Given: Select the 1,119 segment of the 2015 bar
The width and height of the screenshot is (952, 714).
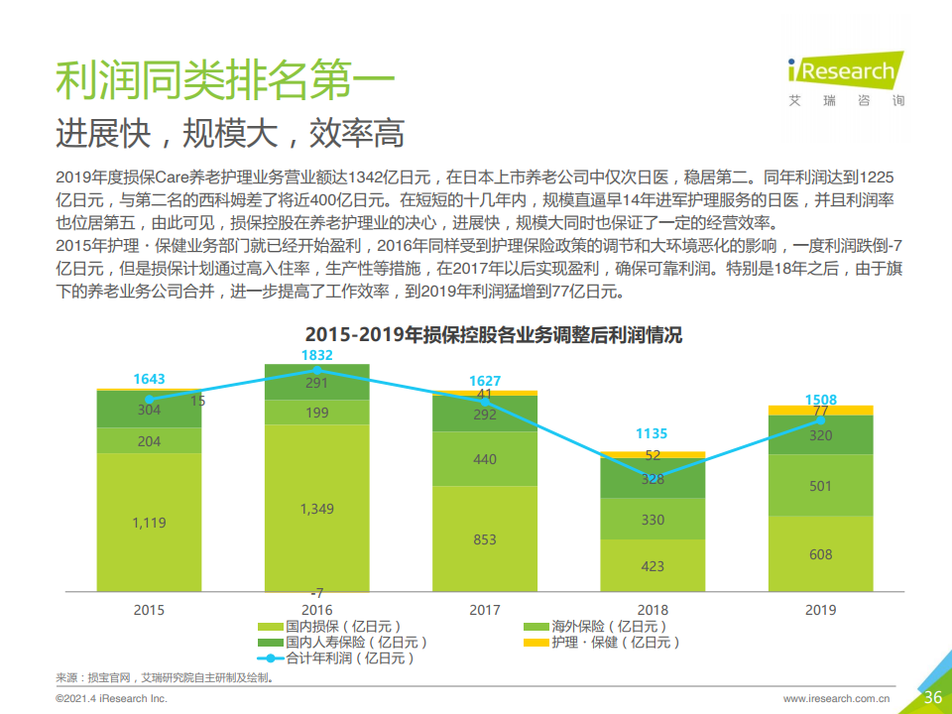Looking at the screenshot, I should (x=149, y=523).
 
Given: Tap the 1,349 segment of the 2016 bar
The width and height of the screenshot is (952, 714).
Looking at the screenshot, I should (x=316, y=509).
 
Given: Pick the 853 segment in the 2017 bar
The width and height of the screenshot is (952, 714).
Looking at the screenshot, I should (x=485, y=539).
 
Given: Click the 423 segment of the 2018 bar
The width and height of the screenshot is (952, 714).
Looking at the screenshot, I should (x=653, y=566).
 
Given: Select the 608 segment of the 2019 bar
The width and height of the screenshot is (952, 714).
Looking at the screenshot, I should (x=820, y=554).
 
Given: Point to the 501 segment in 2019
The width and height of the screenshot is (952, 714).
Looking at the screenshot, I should (x=820, y=485).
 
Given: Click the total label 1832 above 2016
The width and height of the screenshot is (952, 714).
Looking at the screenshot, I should (x=316, y=355).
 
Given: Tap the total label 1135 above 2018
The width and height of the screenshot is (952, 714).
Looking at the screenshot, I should (x=653, y=433).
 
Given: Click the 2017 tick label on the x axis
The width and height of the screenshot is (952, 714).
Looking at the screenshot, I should (x=485, y=610).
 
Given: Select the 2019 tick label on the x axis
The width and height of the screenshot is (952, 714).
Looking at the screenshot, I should (x=820, y=610).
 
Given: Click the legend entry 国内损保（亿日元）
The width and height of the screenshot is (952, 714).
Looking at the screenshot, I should (x=331, y=627).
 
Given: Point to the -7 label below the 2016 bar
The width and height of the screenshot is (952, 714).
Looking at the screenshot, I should (x=316, y=592).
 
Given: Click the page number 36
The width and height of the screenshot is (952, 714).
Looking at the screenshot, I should (x=932, y=697).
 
